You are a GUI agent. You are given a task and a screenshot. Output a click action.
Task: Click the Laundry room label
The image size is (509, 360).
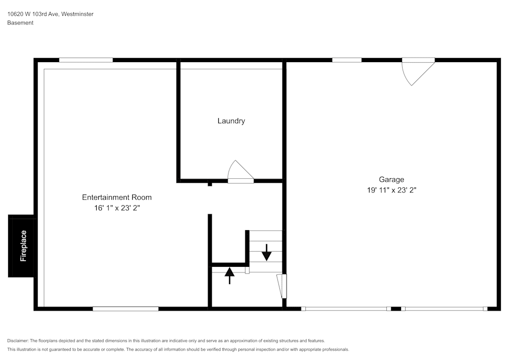(x=231, y=121)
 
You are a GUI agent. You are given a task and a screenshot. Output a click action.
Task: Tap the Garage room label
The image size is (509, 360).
(x=391, y=179)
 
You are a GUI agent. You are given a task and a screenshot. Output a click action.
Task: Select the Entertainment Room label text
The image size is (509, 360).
(x=117, y=197)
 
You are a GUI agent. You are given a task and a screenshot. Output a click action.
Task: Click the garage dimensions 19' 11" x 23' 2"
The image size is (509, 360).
(x=391, y=190)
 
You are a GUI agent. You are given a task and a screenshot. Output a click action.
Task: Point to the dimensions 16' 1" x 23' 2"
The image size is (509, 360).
(x=117, y=208)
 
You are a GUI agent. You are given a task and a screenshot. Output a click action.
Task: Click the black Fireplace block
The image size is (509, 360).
(x=22, y=246)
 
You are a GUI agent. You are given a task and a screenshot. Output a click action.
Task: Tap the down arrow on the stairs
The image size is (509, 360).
(x=266, y=252)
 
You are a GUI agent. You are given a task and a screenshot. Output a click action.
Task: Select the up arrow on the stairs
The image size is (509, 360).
(x=230, y=275)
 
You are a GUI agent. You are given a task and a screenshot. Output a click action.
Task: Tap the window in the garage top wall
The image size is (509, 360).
(x=347, y=60)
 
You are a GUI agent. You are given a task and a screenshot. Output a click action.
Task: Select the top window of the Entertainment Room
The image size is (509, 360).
(x=86, y=60)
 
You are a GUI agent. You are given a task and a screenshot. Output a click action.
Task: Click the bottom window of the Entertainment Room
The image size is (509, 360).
(x=125, y=309)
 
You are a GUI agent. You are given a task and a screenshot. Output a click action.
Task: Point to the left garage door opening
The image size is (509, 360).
(x=346, y=309)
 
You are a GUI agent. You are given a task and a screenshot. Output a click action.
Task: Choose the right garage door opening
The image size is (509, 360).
(x=444, y=309)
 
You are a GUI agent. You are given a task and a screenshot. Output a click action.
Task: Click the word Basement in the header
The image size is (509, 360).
(x=20, y=23)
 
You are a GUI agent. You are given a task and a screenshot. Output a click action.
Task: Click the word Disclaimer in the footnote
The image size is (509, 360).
(x=18, y=341)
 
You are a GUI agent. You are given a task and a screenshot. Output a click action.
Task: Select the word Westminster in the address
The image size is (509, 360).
(x=77, y=14)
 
